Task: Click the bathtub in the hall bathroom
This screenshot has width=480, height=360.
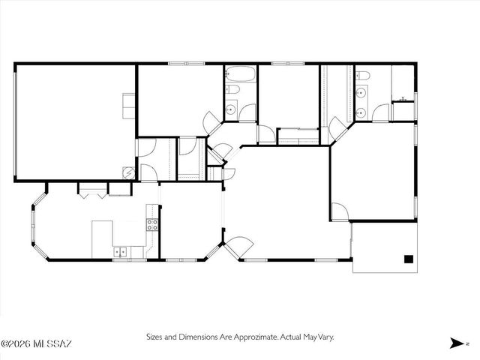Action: (x=241, y=76)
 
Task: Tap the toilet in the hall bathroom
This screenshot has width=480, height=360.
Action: (x=232, y=91)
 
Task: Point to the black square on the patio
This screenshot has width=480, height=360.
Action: (x=409, y=259)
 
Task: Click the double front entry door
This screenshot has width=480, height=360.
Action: (x=239, y=246)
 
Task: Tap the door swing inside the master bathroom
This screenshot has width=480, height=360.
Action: (x=382, y=114)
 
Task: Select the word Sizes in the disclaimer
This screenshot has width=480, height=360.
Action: (x=155, y=337)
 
